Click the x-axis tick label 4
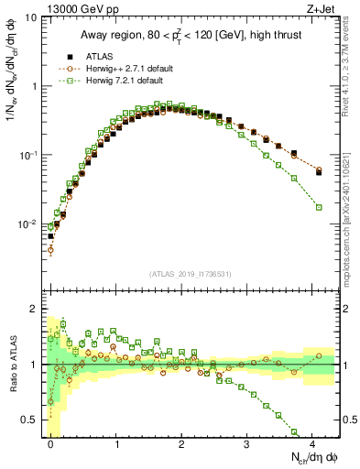(312, 443)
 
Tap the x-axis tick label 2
(181, 443)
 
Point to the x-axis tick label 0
(50, 443)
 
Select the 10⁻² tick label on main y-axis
(27, 224)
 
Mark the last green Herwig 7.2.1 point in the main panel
(319, 207)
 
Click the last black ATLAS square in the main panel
(319, 171)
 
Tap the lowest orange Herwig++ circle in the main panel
(51, 249)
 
